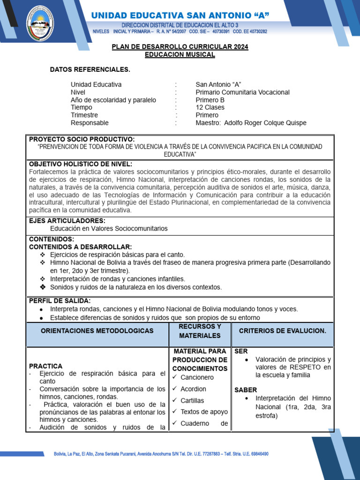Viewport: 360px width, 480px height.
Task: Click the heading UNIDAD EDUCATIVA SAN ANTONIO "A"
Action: click(180, 16)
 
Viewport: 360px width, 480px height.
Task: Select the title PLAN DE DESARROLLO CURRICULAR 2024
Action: click(180, 47)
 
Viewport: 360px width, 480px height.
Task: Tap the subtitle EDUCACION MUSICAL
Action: click(180, 54)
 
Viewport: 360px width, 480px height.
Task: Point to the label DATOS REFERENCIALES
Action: click(90, 70)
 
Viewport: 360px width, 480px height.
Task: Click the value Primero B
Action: click(210, 100)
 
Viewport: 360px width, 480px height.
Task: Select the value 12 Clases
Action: click(210, 107)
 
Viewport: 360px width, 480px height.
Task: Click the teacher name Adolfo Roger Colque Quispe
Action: click(265, 123)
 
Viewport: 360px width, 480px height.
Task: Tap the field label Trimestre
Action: click(84, 115)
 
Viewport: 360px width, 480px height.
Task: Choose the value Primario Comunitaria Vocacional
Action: click(242, 92)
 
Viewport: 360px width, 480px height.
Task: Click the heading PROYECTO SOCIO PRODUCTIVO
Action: click(82, 139)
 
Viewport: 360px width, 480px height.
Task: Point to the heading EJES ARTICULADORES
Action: click(67, 221)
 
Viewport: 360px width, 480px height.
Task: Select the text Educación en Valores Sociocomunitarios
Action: click(109, 228)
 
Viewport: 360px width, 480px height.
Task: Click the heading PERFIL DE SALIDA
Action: click(60, 300)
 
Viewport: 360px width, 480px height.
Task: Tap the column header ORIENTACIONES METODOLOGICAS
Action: click(97, 331)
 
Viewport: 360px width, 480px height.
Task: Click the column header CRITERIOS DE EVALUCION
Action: click(282, 331)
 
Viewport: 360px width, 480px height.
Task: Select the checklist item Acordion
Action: click(193, 389)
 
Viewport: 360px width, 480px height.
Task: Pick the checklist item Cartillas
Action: click(193, 400)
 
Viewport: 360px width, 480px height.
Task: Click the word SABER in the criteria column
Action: click(246, 390)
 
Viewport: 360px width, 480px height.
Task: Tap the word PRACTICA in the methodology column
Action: click(45, 366)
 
